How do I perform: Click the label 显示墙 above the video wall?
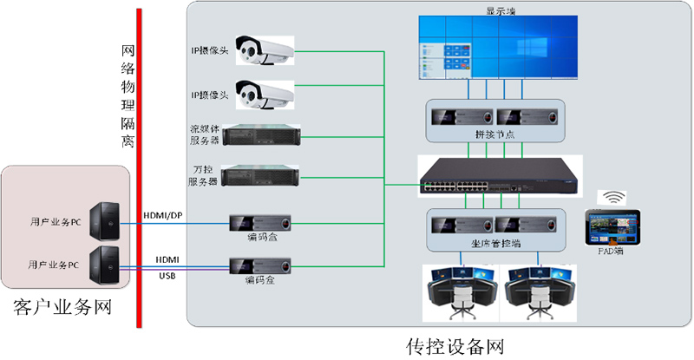(x=500, y=10)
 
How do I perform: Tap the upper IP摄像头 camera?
(x=265, y=52)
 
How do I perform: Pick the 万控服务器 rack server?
(x=265, y=175)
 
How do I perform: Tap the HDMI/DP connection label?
(x=162, y=214)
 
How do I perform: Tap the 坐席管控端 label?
(x=495, y=244)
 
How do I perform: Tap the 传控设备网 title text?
(x=455, y=347)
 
